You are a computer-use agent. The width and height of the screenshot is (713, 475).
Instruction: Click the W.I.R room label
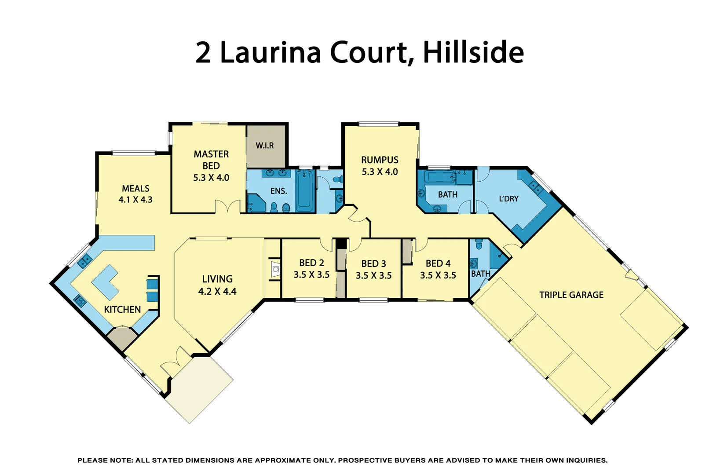(264, 146)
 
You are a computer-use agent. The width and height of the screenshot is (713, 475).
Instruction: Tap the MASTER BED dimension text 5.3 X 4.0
(211, 178)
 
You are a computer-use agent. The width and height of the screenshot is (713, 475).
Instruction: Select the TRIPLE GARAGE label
(571, 295)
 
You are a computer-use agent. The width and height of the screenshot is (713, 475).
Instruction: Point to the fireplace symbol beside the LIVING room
(275, 269)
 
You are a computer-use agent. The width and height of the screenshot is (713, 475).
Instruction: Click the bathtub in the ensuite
(304, 191)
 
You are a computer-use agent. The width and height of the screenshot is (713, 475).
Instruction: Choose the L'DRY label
(508, 199)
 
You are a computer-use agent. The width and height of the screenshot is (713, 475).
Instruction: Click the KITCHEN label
(122, 310)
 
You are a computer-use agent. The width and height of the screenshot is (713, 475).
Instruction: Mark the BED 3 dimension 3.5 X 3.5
(373, 276)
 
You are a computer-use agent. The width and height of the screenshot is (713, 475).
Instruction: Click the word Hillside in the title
(473, 52)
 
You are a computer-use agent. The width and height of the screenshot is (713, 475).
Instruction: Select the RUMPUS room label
(380, 160)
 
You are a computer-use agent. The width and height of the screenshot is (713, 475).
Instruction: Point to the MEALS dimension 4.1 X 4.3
(135, 200)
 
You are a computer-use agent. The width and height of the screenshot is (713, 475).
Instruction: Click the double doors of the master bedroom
(227, 207)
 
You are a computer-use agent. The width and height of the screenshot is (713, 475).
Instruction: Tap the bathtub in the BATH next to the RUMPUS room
(440, 177)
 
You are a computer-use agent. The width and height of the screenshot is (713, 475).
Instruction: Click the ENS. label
(278, 191)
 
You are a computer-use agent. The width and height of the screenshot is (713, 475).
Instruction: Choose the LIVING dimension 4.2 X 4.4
(217, 292)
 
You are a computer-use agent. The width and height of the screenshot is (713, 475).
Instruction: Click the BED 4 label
(438, 263)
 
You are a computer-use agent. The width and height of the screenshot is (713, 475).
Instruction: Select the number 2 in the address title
(203, 52)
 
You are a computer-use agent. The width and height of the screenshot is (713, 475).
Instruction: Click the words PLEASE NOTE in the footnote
(105, 460)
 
